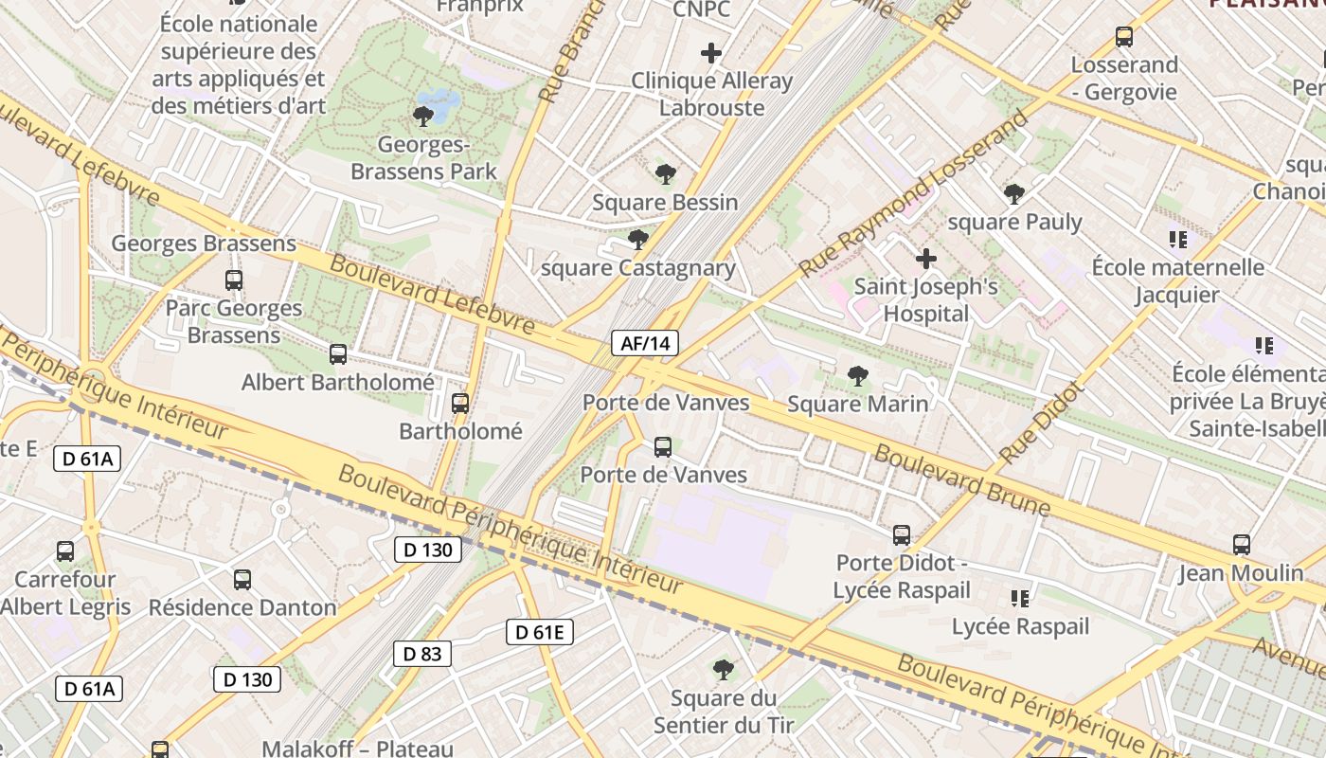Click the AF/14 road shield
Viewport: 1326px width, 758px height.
tap(644, 343)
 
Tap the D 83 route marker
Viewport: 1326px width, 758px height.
tap(422, 653)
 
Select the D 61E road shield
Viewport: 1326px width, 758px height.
tap(540, 632)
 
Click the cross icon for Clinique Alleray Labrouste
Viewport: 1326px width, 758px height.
tap(710, 53)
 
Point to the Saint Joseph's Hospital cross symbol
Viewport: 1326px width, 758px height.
tap(926, 258)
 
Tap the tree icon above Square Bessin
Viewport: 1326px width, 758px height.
tap(665, 173)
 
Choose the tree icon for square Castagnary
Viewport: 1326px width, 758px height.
tap(638, 239)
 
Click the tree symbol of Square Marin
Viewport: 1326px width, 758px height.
tap(858, 376)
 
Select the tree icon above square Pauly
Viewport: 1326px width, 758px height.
tap(1014, 194)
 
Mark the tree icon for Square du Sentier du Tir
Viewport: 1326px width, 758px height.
tap(724, 670)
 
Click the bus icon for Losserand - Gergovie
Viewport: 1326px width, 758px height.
tap(1124, 37)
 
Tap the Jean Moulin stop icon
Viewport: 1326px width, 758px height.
tap(1242, 545)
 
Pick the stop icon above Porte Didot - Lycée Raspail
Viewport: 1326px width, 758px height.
tap(902, 535)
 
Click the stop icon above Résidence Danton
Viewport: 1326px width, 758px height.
tap(242, 579)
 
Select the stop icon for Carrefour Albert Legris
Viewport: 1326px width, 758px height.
tap(65, 550)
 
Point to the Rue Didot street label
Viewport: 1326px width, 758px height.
tap(1040, 423)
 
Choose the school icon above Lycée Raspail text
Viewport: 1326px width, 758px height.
tap(1020, 598)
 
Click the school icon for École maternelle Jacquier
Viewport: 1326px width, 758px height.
tap(1178, 239)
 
